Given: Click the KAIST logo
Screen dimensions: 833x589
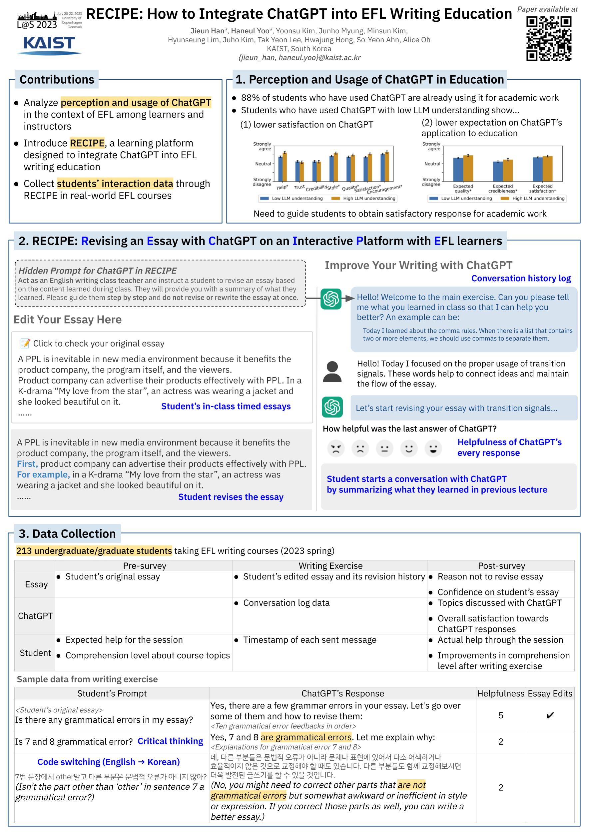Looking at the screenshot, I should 49,45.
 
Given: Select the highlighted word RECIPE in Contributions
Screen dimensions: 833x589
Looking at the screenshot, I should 87,143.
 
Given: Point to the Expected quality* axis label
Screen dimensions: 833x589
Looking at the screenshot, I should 463,188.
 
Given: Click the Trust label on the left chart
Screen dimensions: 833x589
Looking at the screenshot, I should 299,187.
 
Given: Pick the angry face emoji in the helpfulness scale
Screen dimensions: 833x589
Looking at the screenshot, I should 335,448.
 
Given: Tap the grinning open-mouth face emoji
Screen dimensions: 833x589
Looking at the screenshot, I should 433,448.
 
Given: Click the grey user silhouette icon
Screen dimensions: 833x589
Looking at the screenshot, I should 332,372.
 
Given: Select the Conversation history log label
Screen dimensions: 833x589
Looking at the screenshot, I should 521,278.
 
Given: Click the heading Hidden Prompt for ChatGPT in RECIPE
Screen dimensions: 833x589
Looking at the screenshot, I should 98,271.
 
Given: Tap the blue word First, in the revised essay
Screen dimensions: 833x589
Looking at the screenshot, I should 27,464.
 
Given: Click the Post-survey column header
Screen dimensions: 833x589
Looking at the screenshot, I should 501,566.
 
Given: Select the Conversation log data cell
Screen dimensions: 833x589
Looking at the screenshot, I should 286,603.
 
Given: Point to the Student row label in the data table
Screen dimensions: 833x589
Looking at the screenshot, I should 35,653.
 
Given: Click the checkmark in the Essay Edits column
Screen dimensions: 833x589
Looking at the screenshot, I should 549,715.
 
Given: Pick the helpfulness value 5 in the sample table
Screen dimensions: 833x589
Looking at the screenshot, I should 500,715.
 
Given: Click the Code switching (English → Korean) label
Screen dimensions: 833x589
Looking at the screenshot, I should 109,762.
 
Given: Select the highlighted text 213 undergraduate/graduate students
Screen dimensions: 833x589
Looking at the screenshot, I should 94,551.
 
